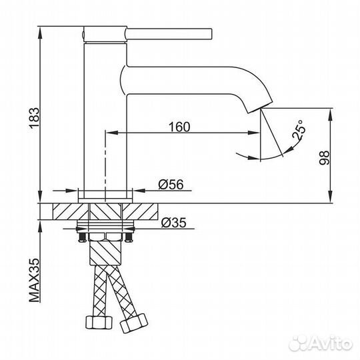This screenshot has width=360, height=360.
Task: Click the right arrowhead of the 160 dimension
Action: point(256,134)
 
